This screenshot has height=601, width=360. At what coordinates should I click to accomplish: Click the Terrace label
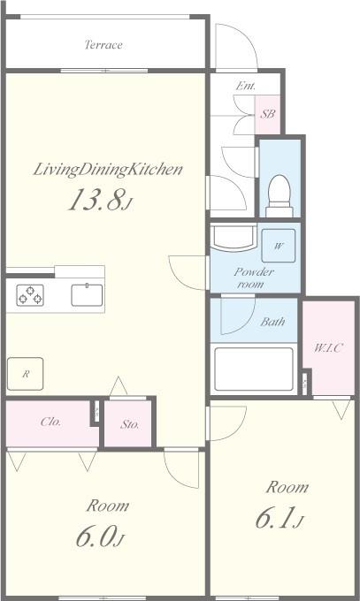tap(103, 45)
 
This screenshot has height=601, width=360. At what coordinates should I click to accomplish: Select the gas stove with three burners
tap(30, 295)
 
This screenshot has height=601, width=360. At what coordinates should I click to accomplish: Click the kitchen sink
tap(87, 294)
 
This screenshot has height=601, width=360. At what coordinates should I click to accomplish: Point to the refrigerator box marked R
tap(25, 374)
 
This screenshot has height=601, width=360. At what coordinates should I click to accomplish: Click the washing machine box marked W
tap(279, 246)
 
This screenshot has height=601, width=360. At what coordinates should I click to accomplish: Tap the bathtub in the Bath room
tap(254, 369)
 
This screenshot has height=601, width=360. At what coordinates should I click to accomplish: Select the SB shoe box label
tap(268, 114)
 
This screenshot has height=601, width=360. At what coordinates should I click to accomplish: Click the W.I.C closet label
tap(328, 348)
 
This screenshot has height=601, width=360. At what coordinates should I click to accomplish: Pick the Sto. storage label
tap(130, 424)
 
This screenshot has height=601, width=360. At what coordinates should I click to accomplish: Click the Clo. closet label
tap(50, 422)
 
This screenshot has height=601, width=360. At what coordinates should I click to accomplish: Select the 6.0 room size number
tap(100, 536)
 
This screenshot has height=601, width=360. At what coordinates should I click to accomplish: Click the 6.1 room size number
tap(280, 517)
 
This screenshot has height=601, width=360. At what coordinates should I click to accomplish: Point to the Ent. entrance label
tap(246, 86)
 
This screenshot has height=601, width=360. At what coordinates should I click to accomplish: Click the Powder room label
tap(254, 278)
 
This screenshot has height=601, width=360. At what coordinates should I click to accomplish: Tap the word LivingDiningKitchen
tap(108, 170)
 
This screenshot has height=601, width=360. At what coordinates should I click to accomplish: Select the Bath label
tap(272, 321)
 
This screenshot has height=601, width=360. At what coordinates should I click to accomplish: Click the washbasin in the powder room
tap(234, 237)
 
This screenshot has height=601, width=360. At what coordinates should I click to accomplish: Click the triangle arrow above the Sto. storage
tap(119, 386)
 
